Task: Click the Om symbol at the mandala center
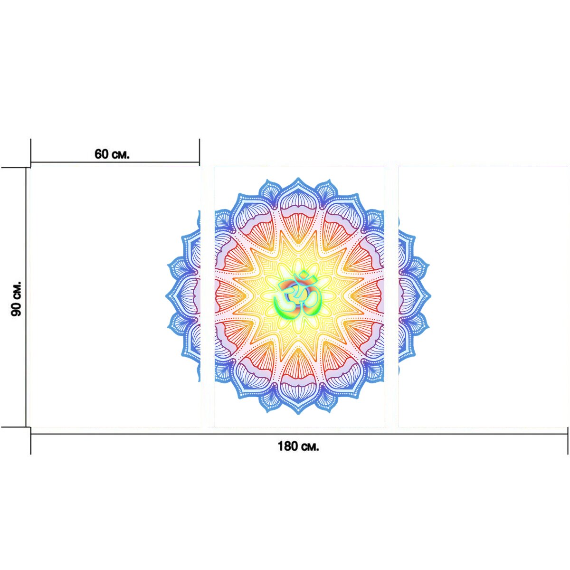click(297, 296)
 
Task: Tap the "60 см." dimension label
click(112, 154)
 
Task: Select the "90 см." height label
click(16, 299)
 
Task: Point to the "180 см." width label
click(298, 446)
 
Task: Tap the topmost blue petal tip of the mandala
click(298, 178)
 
